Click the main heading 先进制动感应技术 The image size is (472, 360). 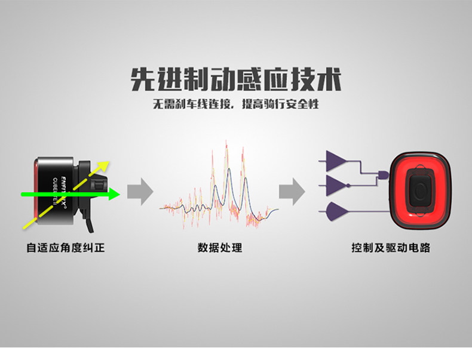(236, 79)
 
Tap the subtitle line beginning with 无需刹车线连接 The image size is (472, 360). (236, 104)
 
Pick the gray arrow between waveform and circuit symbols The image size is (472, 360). (292, 191)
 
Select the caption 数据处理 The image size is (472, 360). (220, 247)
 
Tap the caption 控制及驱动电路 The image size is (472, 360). (391, 247)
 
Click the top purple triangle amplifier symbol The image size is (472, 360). (335, 160)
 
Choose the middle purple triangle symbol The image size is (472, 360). (335, 184)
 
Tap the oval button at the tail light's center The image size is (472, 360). (421, 190)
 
